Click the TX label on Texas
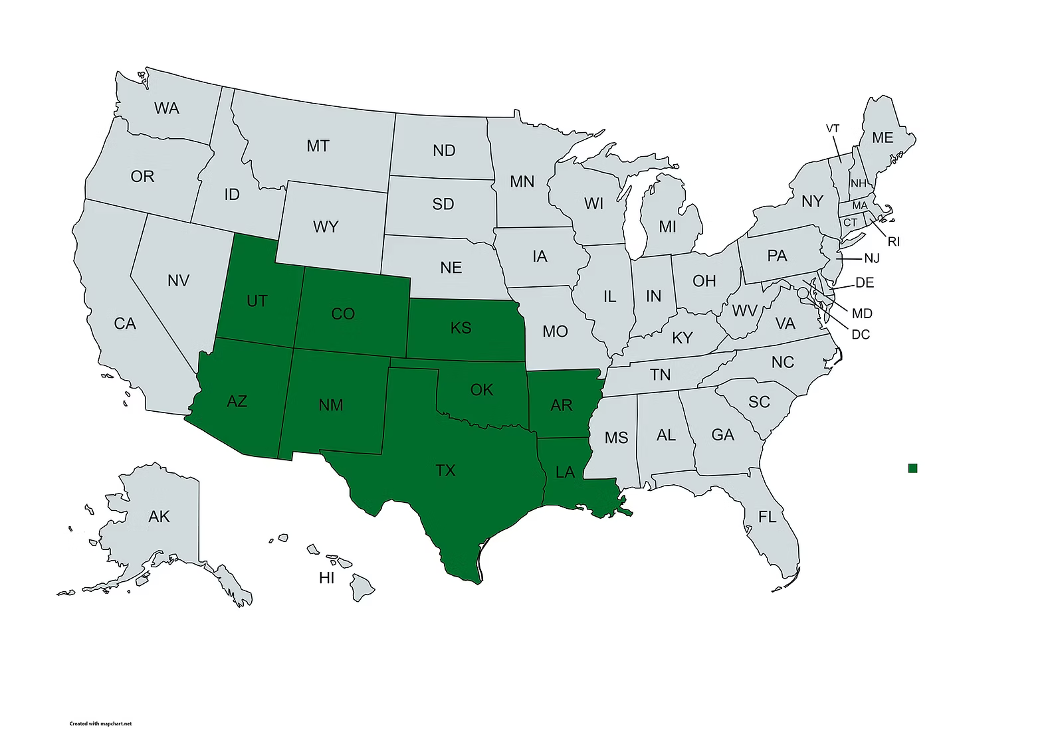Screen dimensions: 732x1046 pos(445,471)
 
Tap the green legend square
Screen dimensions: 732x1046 pos(912,468)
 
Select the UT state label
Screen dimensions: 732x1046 pos(257,301)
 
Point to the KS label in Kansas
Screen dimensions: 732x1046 pos(461,327)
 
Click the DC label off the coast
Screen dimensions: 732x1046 pos(861,334)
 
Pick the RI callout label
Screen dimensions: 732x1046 pos(894,242)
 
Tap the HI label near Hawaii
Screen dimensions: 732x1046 pos(326,578)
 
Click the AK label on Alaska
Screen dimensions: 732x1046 pos(159,516)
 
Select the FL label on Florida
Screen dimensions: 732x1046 pos(767,516)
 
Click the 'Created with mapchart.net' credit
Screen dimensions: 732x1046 pos(100,723)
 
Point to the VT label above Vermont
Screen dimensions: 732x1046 pos(833,128)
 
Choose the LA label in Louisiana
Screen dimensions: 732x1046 pos(565,473)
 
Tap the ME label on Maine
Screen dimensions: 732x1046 pos(882,137)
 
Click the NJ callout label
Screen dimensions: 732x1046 pos(872,258)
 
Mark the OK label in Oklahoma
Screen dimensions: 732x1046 pos(481,389)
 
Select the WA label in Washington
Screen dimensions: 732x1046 pos(166,108)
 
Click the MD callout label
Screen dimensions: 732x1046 pos(862,313)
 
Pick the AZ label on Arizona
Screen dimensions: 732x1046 pos(237,401)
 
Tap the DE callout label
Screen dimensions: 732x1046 pos(865,283)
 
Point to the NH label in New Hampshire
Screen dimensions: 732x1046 pos(859,183)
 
